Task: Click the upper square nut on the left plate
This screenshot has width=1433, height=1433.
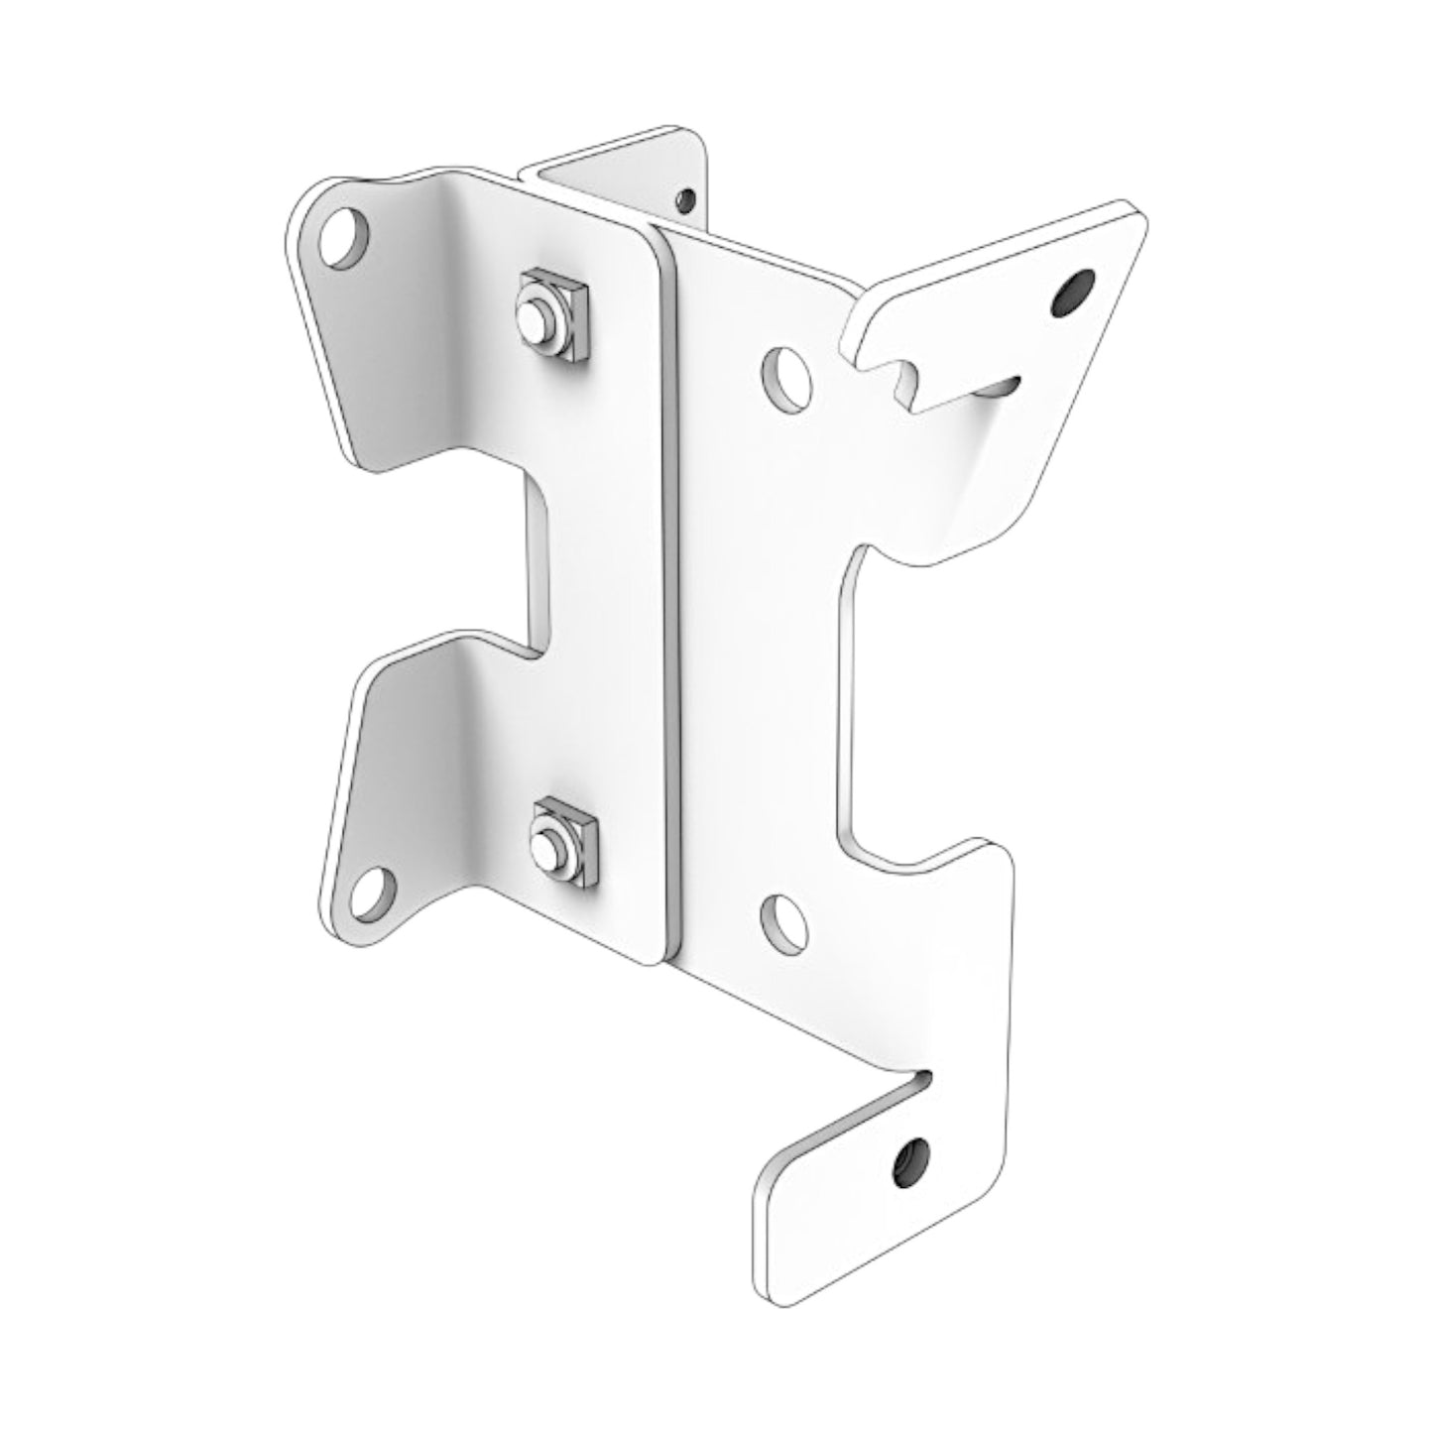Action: pos(551,312)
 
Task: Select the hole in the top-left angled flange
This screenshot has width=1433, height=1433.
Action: pos(344,236)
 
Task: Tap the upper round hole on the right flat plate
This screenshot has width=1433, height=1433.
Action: pos(786,378)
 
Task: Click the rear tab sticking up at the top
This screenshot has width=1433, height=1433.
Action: pos(635,174)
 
